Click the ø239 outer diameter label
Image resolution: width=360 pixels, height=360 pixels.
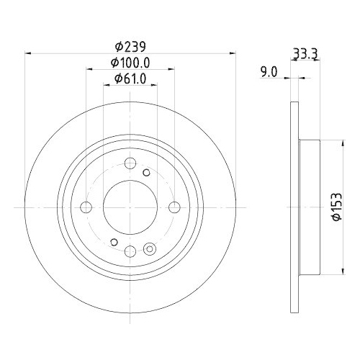coord(130,46)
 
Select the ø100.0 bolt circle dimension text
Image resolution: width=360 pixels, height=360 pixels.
coord(130,63)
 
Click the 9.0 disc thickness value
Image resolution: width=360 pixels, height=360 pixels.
coord(269,71)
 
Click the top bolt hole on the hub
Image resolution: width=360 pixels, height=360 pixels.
coord(130,163)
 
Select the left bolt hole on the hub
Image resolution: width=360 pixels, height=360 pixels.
coord(86,208)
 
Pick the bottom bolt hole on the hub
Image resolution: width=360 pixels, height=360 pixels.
coord(130,251)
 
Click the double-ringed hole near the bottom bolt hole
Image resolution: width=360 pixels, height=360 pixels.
coord(150,250)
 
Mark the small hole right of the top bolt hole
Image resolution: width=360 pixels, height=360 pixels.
coord(146,172)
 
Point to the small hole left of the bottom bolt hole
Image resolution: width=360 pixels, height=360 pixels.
coord(113,243)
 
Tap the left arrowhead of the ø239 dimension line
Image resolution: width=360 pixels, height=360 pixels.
coord(29,53)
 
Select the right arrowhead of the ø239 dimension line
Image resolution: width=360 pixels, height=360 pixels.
coord(233,53)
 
